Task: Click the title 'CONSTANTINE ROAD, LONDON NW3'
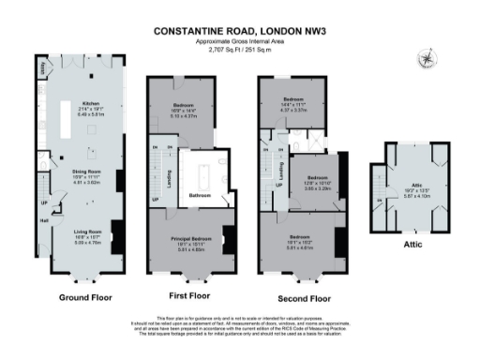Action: [240, 30]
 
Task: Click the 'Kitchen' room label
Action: [91, 103]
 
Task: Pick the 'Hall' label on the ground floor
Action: [43, 221]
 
